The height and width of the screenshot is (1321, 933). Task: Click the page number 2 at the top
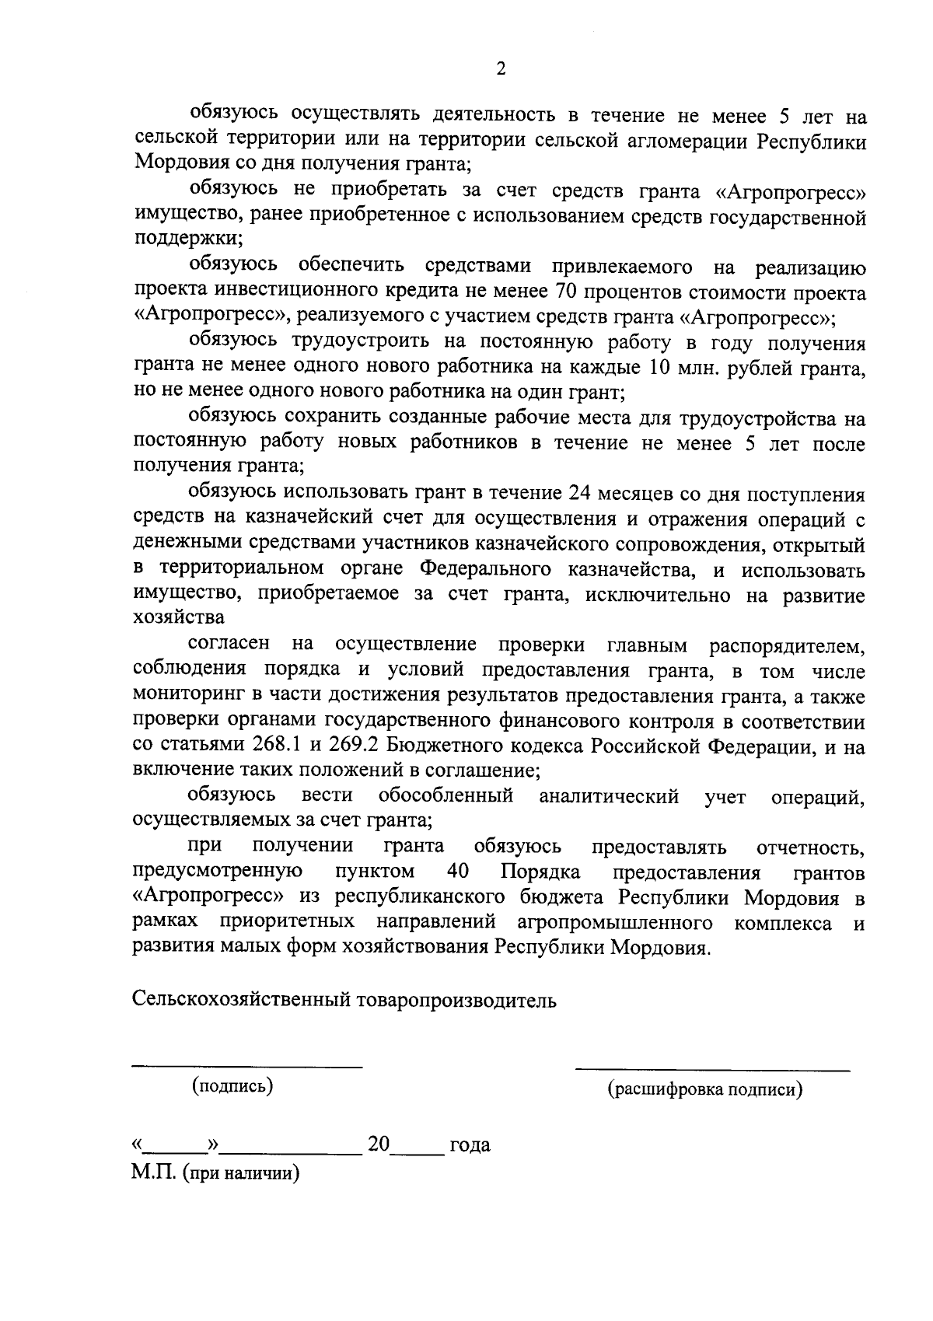(x=501, y=69)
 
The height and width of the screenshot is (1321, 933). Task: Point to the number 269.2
(x=355, y=745)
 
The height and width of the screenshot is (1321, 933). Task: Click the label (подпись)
(x=232, y=1086)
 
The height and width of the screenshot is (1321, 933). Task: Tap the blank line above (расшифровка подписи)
(x=711, y=1070)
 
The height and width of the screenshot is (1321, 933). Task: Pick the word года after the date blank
(x=469, y=1145)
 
